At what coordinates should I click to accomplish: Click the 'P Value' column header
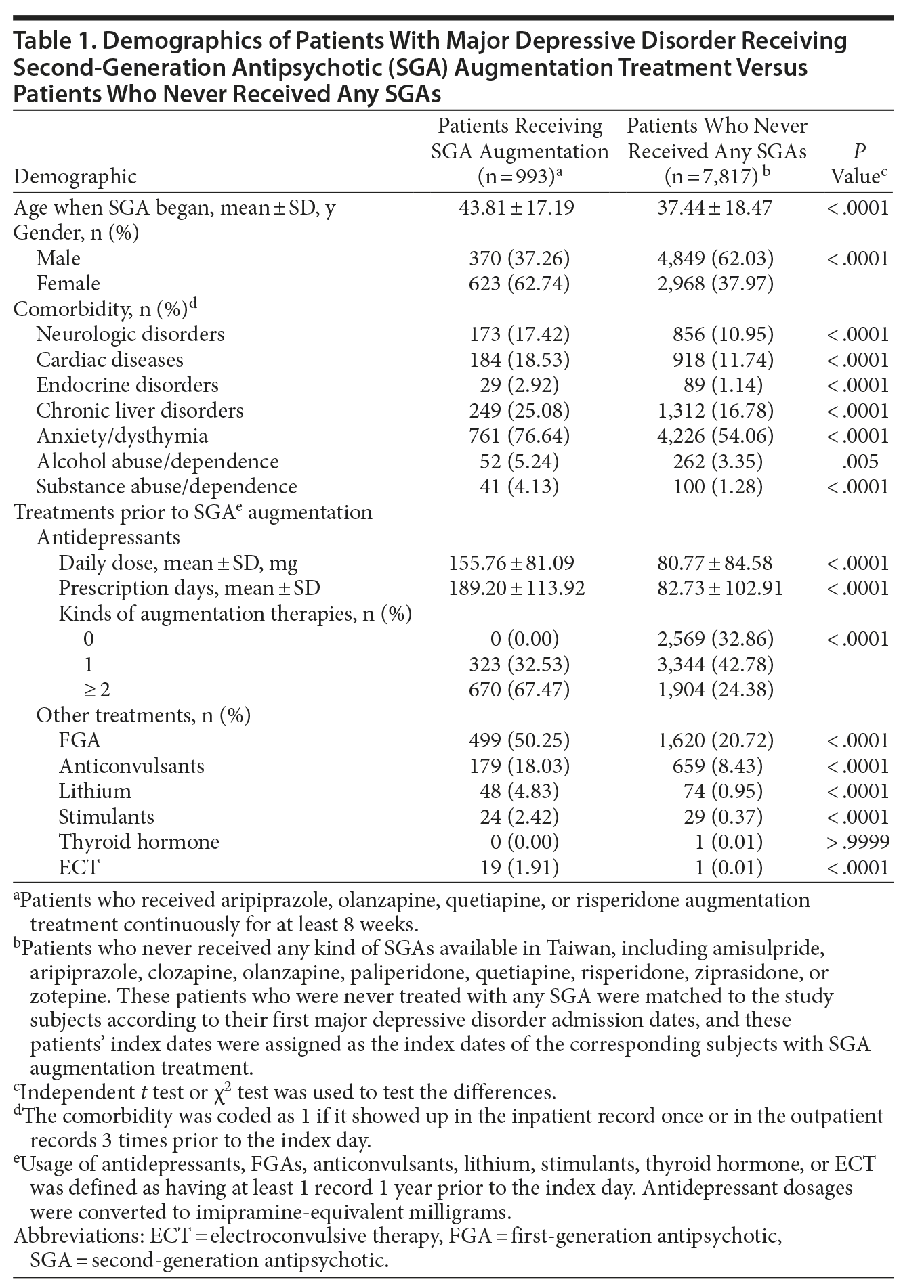[x=858, y=164]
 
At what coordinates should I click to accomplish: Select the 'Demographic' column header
[x=75, y=177]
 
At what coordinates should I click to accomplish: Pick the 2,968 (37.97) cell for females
[x=715, y=283]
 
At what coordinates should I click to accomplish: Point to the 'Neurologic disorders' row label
[x=130, y=334]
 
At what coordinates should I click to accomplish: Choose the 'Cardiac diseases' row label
[x=110, y=359]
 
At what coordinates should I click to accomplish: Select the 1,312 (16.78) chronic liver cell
[x=715, y=410]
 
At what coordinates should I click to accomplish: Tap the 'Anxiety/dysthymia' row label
[x=122, y=435]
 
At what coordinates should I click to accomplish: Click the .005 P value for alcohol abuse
[x=861, y=461]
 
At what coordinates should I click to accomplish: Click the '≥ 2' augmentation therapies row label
[x=96, y=689]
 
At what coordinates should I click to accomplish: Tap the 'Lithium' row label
[x=95, y=791]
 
